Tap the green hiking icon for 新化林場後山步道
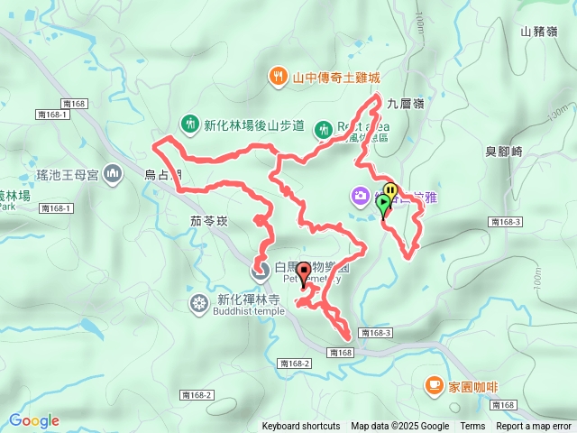tap(189, 124)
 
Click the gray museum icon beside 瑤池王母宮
tap(113, 172)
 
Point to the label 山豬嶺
tap(538, 32)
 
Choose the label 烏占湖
tap(163, 174)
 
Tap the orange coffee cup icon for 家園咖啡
tap(434, 386)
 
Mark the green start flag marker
tap(384, 205)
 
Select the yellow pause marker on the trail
tap(390, 190)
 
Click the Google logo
tap(33, 420)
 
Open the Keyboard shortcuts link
tap(301, 427)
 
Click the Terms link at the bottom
tap(472, 427)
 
